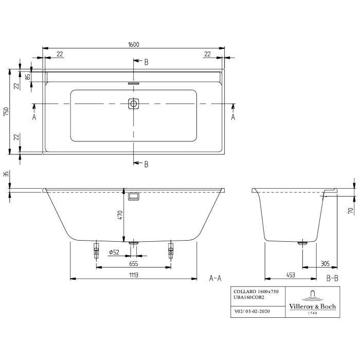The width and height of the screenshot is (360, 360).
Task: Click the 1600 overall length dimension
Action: [x=133, y=45]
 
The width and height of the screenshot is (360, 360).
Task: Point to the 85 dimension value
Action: [x=28, y=77]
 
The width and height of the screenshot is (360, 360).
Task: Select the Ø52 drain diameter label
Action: [x=114, y=252]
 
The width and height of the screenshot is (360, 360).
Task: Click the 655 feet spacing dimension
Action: [x=133, y=263]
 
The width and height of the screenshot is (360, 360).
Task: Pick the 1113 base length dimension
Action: [x=133, y=275]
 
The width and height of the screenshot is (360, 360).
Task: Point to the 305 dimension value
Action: [x=325, y=263]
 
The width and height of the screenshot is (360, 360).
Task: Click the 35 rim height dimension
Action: [x=6, y=175]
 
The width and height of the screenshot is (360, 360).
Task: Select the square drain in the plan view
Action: [x=134, y=103]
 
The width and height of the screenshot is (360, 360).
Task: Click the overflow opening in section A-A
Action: [x=134, y=196]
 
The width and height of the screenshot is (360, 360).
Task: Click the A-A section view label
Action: [x=215, y=278]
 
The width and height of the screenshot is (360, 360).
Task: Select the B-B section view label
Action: [x=332, y=278]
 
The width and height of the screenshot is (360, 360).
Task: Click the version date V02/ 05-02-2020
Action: [x=253, y=311]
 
